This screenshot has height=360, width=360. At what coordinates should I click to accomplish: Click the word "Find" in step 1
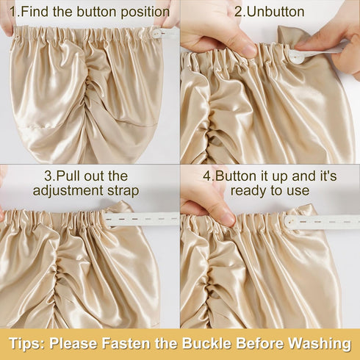point(35,12)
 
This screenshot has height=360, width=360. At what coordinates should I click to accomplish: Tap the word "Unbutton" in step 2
point(276,12)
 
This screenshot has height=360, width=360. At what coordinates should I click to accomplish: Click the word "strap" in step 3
point(123,191)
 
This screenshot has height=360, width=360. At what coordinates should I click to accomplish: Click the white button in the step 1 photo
point(156,33)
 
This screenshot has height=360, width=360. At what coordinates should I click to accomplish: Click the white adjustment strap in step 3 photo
point(142,218)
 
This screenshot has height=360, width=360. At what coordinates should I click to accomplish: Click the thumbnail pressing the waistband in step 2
point(249,51)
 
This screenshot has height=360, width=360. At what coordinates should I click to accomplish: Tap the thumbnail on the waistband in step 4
point(229,219)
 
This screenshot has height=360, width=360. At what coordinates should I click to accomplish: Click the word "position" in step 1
point(145,12)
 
